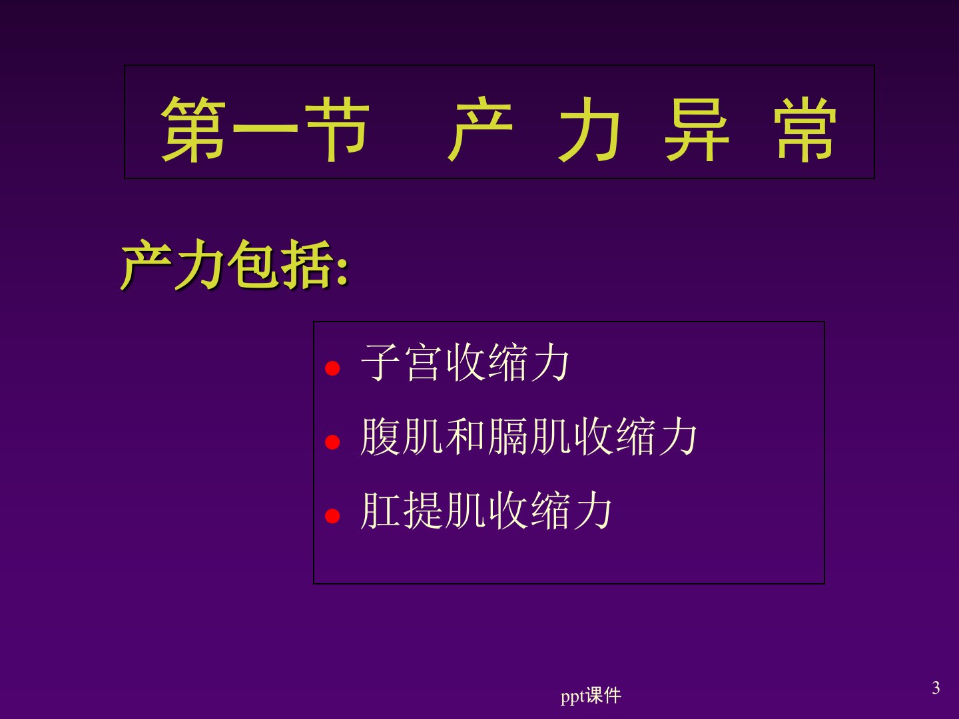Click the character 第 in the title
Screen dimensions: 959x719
[193, 128]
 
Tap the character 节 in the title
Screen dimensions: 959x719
[337, 128]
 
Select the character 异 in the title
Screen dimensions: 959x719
[697, 128]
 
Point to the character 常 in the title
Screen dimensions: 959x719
[805, 128]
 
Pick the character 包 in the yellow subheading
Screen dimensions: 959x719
[254, 264]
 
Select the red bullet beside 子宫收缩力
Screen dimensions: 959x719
[332, 368]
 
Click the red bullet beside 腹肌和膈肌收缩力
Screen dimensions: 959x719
[332, 442]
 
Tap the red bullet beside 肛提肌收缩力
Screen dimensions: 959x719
[332, 515]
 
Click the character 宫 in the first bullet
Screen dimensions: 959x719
[422, 362]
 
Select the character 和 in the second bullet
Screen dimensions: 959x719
[464, 436]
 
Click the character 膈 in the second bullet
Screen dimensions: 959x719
[507, 436]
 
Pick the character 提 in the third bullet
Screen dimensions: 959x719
[422, 510]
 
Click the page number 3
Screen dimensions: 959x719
[936, 688]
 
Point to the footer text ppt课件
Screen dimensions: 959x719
[591, 696]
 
